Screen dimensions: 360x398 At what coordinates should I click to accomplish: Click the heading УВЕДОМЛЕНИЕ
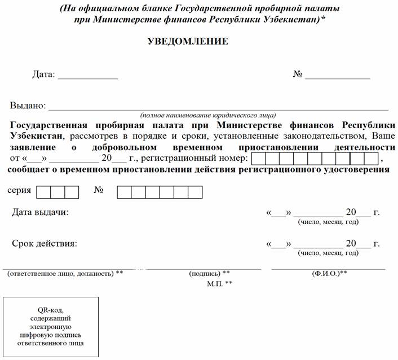pyautogui.click(x=187, y=41)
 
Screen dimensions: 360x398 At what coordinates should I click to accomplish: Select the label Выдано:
pyautogui.click(x=27, y=106)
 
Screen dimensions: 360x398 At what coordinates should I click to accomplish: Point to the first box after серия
pyautogui.click(x=43, y=192)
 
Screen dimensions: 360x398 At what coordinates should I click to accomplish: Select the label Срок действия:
pyautogui.click(x=45, y=244)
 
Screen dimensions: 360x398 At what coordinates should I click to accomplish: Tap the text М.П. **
pyautogui.click(x=220, y=283)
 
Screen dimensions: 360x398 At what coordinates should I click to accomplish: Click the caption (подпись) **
pyautogui.click(x=209, y=274)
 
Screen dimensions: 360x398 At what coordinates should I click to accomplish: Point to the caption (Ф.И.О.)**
pyautogui.click(x=329, y=274)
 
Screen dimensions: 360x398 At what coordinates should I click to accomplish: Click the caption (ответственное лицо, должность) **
pyautogui.click(x=65, y=274)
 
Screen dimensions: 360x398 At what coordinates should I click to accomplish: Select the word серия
pyautogui.click(x=19, y=191)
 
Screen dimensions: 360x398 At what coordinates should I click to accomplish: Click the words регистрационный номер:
pyautogui.click(x=189, y=158)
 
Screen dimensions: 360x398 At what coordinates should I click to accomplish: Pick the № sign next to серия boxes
pyautogui.click(x=99, y=191)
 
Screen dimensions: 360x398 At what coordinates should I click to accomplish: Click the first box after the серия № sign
pyautogui.click(x=124, y=192)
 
